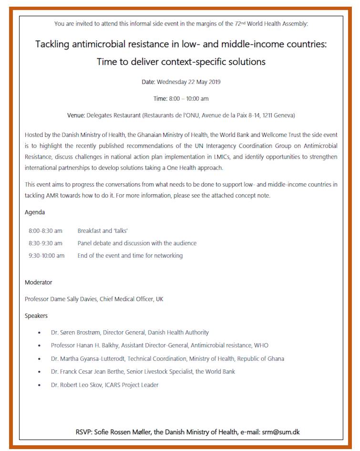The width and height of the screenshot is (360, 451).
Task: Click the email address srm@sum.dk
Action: coord(280,432)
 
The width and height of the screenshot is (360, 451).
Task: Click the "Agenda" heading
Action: coord(35,212)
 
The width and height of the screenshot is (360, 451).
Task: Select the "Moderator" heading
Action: coord(39,282)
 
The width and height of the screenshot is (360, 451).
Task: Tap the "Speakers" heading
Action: coord(36,315)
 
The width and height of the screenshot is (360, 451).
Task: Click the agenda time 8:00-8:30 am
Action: coord(45,231)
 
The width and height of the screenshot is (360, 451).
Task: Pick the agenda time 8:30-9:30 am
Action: coord(45,243)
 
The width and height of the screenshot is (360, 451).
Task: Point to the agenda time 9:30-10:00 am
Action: coord(47,255)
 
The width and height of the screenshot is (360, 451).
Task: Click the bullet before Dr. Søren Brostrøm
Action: coord(39,333)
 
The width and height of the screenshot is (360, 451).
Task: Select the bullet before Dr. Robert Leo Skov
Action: coord(39,385)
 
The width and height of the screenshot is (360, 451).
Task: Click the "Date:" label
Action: coord(148,82)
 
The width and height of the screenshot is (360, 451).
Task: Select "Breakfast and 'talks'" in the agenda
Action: coord(99,231)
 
